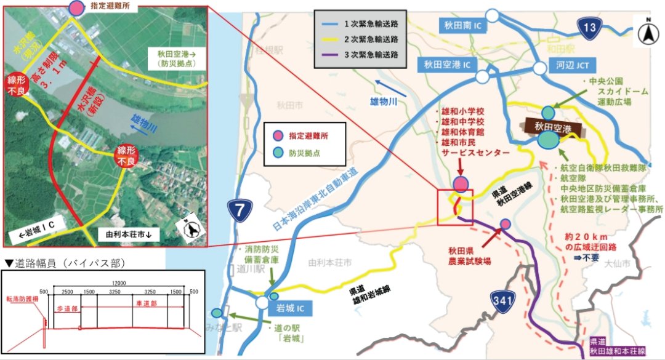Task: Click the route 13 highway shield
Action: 590,26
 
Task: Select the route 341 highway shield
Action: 503,301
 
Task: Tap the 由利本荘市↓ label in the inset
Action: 129,234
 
